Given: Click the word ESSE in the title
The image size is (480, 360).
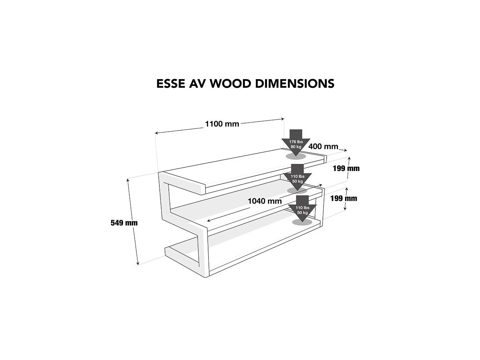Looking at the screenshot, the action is (171, 84).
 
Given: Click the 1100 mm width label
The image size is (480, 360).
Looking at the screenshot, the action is (222, 124).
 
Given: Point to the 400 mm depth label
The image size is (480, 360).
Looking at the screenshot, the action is (323, 147).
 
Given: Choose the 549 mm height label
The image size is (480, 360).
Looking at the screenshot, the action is (124, 223).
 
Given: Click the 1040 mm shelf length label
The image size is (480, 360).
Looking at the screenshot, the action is (265, 201).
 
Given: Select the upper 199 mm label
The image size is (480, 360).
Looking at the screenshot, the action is (346, 168).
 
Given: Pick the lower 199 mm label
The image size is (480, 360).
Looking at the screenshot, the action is (343, 198).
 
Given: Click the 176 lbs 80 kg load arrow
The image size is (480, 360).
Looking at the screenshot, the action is (295, 142).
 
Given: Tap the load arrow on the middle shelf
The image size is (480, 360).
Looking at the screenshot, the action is (297, 177).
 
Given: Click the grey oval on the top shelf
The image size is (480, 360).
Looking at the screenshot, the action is (296, 156).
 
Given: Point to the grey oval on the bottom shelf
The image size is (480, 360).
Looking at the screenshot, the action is (302, 222).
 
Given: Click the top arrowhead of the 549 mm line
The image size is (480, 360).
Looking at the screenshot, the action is (127, 180).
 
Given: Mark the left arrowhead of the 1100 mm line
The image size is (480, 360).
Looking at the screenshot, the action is (156, 133).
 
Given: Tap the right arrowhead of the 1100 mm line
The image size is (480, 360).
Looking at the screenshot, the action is (283, 119).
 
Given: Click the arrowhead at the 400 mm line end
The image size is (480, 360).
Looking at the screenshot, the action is (346, 150).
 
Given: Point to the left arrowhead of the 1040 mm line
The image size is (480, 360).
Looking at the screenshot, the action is (208, 220).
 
